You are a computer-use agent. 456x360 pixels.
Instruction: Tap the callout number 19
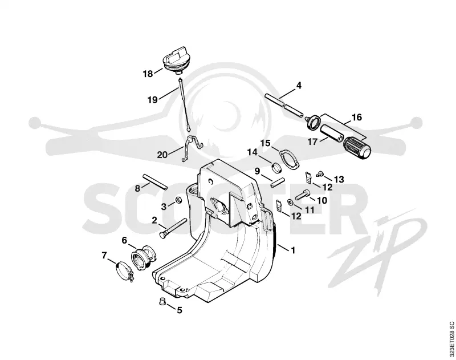[x=152, y=100]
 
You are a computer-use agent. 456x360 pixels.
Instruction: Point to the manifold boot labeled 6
[x=144, y=258]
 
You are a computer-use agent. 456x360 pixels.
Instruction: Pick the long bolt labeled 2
[x=173, y=228]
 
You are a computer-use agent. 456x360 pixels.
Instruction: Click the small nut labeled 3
[x=178, y=200]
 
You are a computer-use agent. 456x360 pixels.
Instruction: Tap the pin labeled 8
[x=154, y=182]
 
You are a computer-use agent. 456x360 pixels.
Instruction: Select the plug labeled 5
[x=162, y=301]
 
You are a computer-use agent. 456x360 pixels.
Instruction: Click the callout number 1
[x=293, y=250]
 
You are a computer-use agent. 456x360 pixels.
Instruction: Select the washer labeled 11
[x=290, y=202]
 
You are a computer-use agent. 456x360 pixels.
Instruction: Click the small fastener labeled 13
[x=319, y=174]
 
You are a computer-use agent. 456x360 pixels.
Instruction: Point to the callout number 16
[x=357, y=117]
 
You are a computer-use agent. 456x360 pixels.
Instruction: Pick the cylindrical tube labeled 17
[x=332, y=132]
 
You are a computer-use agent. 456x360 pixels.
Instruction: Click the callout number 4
[x=299, y=86]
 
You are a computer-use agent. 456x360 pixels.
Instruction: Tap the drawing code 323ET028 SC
[x=451, y=337]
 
